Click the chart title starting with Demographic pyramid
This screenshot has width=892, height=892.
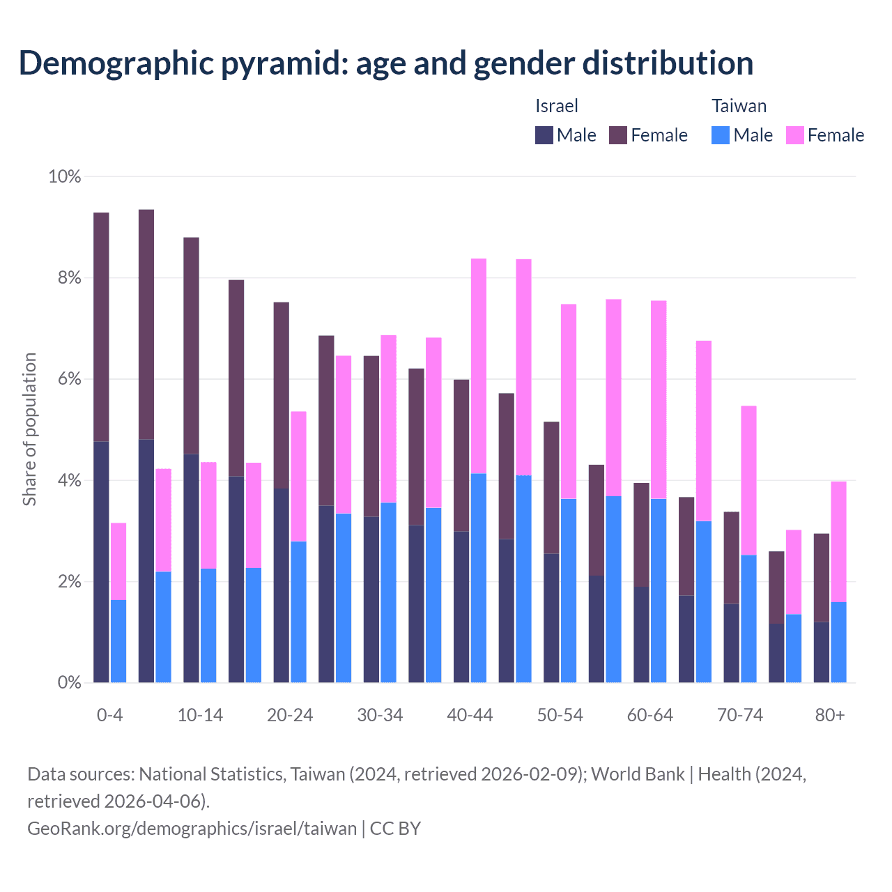point(386,63)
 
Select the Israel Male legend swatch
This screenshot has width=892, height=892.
point(544,135)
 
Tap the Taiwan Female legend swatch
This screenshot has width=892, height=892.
point(795,135)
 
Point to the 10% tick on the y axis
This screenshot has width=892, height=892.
point(65,177)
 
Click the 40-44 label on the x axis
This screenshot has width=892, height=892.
point(470,715)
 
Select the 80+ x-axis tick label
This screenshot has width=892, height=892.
point(830,715)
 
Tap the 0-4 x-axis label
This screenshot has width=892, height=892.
point(110,715)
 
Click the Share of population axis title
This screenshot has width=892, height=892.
point(29,429)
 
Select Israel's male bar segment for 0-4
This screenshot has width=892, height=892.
point(102,562)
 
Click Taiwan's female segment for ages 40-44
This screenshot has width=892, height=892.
point(479,366)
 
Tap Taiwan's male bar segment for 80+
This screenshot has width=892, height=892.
point(838,642)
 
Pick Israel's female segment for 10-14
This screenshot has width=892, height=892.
point(192,346)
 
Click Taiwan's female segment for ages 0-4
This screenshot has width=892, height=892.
point(118,561)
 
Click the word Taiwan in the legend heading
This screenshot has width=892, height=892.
point(739,106)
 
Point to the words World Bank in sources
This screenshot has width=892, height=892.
point(638,774)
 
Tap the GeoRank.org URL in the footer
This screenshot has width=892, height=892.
point(192,828)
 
